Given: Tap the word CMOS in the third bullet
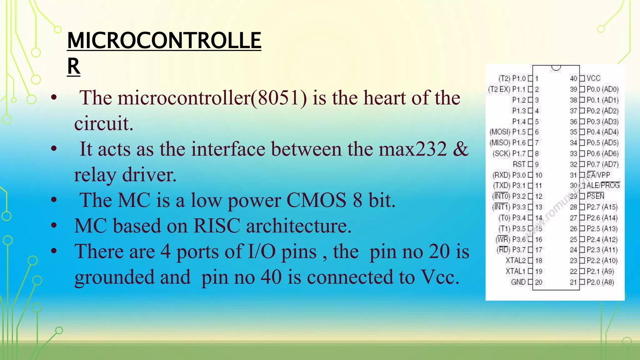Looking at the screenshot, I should (x=316, y=200).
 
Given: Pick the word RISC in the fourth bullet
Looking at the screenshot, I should (x=217, y=226).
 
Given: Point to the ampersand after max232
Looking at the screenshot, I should (x=461, y=149).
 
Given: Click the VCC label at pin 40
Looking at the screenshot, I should (x=593, y=78).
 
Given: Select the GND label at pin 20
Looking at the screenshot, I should (x=518, y=282).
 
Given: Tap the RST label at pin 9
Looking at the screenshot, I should (x=519, y=164).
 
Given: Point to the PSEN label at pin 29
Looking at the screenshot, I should (x=595, y=196).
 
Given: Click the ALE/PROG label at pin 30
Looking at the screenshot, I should (x=603, y=186).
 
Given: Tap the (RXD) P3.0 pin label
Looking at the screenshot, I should (x=509, y=175).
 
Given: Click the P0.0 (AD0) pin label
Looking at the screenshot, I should (x=602, y=89).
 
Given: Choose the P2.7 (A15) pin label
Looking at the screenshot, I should (x=602, y=207).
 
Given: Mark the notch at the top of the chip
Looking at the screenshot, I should (x=556, y=68).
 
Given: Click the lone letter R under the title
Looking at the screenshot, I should (x=74, y=66).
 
